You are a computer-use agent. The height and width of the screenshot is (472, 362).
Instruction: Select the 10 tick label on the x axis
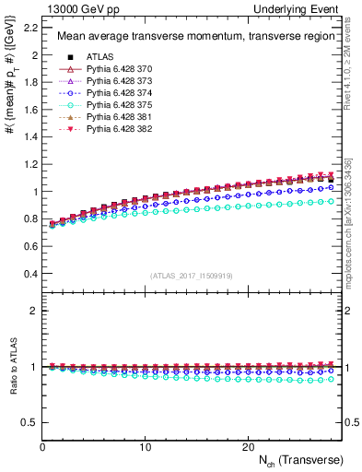click(145, 446)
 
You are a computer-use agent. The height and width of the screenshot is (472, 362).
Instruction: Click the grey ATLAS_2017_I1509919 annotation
click(192, 276)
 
